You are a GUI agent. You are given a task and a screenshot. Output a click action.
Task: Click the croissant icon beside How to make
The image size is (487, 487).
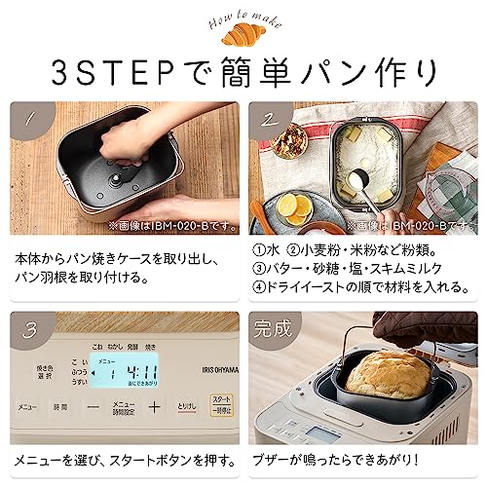pos(242,36)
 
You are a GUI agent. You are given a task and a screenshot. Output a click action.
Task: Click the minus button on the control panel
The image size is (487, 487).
pos(93,406)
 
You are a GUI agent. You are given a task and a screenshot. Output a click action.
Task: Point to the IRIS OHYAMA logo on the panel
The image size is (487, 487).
pos(191,368)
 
